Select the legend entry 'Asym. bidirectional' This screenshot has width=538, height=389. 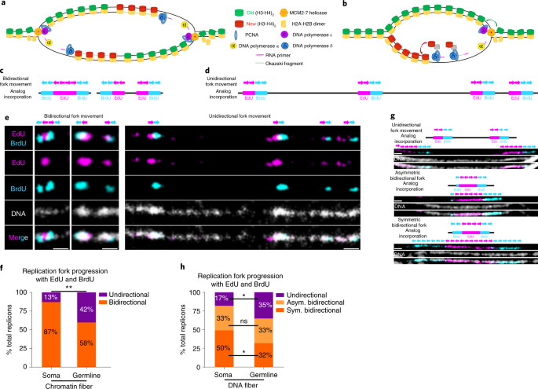point(326,302)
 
